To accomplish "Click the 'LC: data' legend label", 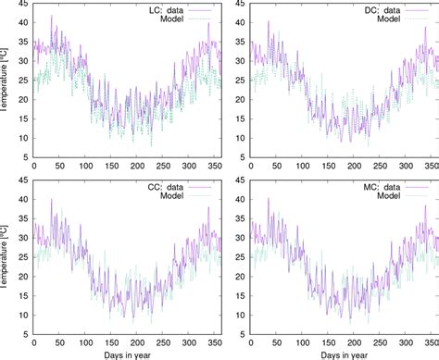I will coord(165,8).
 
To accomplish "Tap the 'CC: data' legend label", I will coord(165,185).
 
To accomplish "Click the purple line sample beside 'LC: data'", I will coord(204,8).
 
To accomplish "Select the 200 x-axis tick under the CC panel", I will coord(138,341).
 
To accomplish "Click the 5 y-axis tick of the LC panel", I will coord(24,156).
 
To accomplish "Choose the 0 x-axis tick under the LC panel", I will coord(34,168).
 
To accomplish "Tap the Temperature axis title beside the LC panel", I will coord(6,81).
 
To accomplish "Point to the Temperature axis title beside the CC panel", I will coord(6,256).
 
